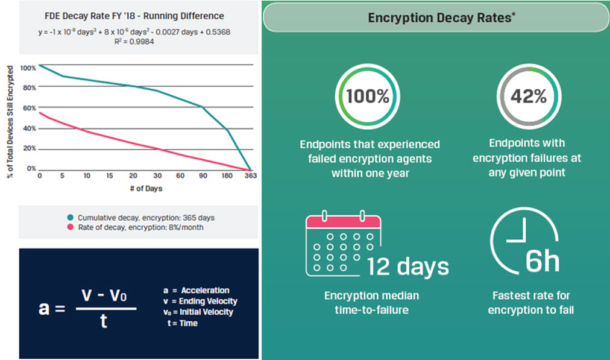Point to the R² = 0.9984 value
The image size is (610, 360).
pos(134,41)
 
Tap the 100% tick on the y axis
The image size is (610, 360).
pos(28,68)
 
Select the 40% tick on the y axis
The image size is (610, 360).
pos(29,128)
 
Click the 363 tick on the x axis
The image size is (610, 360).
pos(251,175)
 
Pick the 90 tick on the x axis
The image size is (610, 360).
pos(203,175)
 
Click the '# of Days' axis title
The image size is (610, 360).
pos(146,188)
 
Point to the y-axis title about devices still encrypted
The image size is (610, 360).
pos(10,121)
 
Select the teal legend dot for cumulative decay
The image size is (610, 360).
pos(71,217)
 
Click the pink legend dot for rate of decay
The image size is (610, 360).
pos(71,227)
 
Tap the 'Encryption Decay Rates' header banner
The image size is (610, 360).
pos(436,17)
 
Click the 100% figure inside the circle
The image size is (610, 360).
pos(368,96)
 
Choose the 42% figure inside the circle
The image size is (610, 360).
pos(529,96)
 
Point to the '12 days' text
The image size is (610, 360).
pos(407,267)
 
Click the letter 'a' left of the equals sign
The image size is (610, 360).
pos(44,308)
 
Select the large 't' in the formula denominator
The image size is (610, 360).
pos(104,321)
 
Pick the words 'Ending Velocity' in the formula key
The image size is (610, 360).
pos(208,301)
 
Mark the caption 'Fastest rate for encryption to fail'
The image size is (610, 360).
pos(531,303)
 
